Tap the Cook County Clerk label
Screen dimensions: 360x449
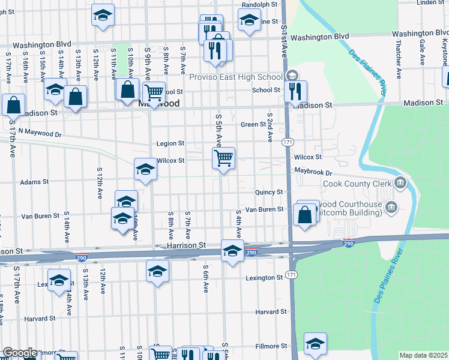pyautogui.click(x=357, y=183)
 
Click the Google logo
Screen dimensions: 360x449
pyautogui.click(x=20, y=353)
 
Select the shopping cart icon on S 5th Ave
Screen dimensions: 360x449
pyautogui.click(x=223, y=158)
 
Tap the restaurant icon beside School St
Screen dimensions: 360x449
pyautogui.click(x=295, y=92)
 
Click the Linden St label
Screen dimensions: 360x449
pyautogui.click(x=430, y=2)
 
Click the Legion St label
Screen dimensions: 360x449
pyautogui.click(x=170, y=144)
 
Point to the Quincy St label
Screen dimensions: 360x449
pyautogui.click(x=268, y=192)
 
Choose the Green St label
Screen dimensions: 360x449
pyautogui.click(x=253, y=125)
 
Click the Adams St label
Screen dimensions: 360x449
pyautogui.click(x=34, y=182)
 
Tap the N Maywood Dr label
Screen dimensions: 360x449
pyautogui.click(x=40, y=131)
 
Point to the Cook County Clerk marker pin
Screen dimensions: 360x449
pyautogui.click(x=400, y=183)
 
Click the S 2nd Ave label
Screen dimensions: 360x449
pyautogui.click(x=270, y=127)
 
